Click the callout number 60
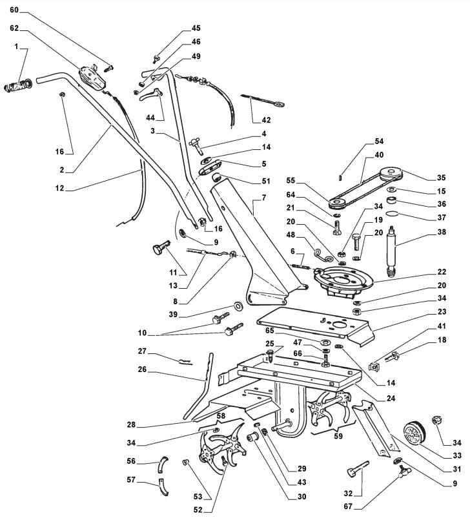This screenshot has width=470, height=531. point(14,10)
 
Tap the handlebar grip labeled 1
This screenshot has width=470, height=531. point(18,85)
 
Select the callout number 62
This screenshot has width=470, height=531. point(14,28)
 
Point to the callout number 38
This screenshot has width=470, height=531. point(442,232)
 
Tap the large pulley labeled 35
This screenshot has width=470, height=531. point(391,174)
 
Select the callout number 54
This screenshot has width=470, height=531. point(379,141)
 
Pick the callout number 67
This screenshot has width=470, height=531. point(348,506)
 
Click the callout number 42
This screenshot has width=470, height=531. point(266,120)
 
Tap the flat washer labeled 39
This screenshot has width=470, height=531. point(239,306)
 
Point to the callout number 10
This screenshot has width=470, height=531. point(142,333)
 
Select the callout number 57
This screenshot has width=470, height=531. point(131,479)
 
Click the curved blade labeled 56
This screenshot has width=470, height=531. point(163,464)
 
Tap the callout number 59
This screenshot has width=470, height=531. point(338,436)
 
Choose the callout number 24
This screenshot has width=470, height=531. point(391,398)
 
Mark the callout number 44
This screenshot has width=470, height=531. point(150,118)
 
